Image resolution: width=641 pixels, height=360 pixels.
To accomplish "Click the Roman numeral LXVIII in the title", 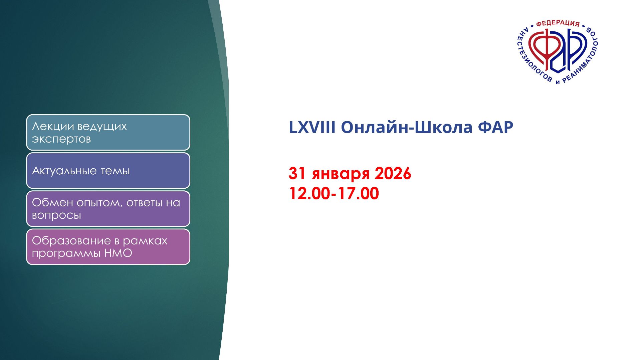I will pyautogui.click(x=312, y=127).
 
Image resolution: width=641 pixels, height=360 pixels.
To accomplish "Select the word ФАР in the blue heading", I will pyautogui.click(x=495, y=127).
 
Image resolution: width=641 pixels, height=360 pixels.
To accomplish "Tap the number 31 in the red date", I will pyautogui.click(x=297, y=173).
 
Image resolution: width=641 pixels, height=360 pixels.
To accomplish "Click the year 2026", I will pyautogui.click(x=393, y=173).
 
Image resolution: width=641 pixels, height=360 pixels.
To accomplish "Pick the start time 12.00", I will pyautogui.click(x=309, y=193).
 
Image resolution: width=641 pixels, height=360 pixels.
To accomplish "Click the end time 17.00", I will pyautogui.click(x=358, y=193).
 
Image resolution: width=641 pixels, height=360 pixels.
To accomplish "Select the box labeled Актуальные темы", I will pyautogui.click(x=108, y=171).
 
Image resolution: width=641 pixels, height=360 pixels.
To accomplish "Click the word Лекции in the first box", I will pyautogui.click(x=53, y=126).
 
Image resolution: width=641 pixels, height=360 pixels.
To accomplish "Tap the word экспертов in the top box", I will pyautogui.click(x=61, y=139).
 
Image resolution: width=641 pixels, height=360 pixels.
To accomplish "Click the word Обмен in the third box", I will pyautogui.click(x=52, y=202).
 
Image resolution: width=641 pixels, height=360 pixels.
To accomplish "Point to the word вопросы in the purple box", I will pyautogui.click(x=56, y=215).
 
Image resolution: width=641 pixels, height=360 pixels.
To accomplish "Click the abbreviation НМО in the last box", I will pyautogui.click(x=118, y=253).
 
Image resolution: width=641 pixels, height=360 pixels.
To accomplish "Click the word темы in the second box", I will pyautogui.click(x=115, y=171).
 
